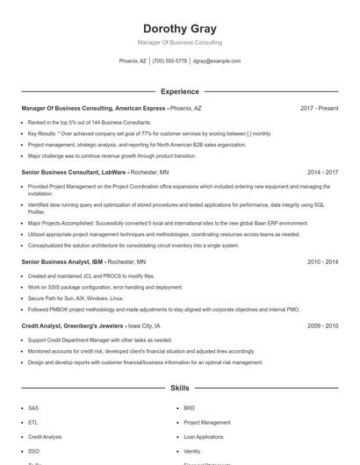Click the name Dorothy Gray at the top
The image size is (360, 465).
(180, 28)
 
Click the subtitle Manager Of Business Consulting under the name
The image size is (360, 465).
(180, 42)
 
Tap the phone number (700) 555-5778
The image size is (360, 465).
(169, 61)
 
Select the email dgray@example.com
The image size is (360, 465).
(217, 61)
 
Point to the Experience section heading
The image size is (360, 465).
(180, 91)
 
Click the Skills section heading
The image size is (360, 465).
(180, 387)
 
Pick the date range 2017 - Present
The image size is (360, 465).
(319, 109)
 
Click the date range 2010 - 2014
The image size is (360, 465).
(322, 262)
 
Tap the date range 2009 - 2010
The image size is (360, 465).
(322, 325)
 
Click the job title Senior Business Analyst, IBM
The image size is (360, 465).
(62, 262)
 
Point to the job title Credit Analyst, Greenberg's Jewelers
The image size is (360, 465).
(73, 325)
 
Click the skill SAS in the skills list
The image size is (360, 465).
(33, 408)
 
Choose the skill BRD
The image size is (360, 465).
(189, 408)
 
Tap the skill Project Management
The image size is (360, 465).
(207, 422)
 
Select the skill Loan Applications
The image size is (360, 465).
(204, 436)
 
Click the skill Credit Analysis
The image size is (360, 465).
(45, 436)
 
